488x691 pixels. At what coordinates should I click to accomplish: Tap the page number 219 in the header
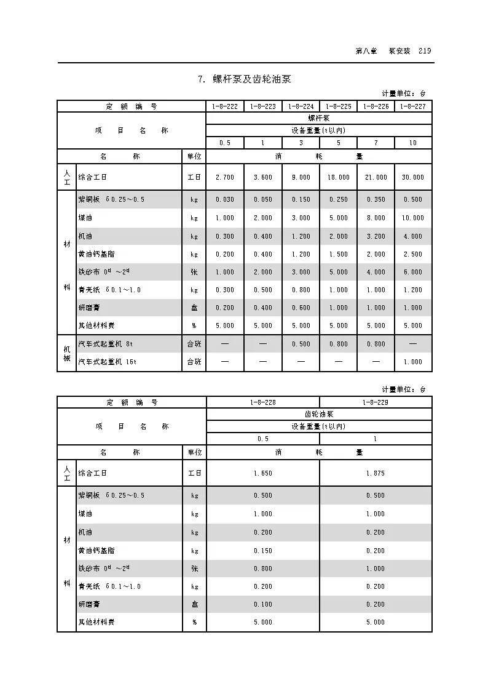click(x=424, y=51)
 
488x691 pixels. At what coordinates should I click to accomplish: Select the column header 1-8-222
click(x=225, y=106)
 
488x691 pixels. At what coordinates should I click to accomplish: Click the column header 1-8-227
click(x=413, y=106)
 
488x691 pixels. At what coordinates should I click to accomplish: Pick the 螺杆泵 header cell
click(x=318, y=118)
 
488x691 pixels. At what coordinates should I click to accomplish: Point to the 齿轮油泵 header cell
click(x=318, y=414)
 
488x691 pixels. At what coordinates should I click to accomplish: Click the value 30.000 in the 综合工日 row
click(x=413, y=177)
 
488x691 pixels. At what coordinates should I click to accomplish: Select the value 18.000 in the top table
click(x=338, y=177)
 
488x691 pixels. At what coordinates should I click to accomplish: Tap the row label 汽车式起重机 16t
click(x=108, y=362)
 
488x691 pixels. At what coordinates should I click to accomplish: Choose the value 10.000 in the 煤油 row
click(x=413, y=218)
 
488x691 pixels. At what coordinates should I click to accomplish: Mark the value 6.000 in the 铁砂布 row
click(x=413, y=272)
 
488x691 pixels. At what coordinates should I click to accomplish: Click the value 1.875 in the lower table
click(x=376, y=473)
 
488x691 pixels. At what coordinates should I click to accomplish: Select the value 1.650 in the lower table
click(x=262, y=473)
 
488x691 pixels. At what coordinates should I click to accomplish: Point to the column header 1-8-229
click(x=376, y=402)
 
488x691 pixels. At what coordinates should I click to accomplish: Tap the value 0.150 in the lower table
click(x=262, y=551)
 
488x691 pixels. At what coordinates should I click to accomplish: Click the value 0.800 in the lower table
click(x=262, y=569)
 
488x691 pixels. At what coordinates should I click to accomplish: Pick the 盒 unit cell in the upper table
click(x=194, y=308)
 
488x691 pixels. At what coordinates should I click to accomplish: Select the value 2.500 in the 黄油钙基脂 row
click(x=413, y=254)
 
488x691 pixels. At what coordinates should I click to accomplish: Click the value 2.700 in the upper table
click(x=225, y=177)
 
